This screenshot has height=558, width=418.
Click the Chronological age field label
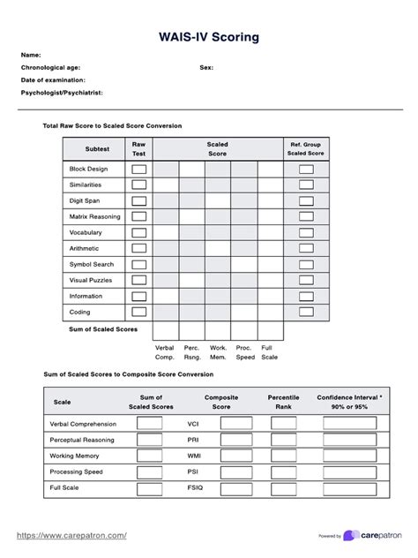(x=51, y=67)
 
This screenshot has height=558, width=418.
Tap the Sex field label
(x=206, y=67)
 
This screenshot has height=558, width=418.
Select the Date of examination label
(x=54, y=79)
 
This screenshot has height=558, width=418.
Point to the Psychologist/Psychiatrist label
(x=62, y=92)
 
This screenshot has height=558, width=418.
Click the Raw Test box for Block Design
(x=139, y=169)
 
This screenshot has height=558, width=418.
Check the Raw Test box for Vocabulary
(x=139, y=232)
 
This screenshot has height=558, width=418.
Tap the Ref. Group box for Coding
(x=306, y=312)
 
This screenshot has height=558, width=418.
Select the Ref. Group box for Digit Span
(x=306, y=200)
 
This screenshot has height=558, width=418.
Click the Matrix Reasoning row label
(x=95, y=216)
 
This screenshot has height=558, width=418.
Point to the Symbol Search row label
(x=92, y=264)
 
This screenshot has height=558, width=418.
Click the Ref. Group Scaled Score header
(x=306, y=148)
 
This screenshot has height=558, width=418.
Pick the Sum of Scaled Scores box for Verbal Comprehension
(x=150, y=424)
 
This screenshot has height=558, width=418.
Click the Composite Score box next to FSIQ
(x=235, y=487)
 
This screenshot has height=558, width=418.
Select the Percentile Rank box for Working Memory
(x=283, y=456)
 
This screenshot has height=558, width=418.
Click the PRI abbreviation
(x=193, y=440)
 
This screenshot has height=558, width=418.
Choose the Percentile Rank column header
(x=283, y=402)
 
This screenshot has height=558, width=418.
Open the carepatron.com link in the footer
(x=80, y=535)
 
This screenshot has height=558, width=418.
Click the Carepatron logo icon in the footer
(x=350, y=536)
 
